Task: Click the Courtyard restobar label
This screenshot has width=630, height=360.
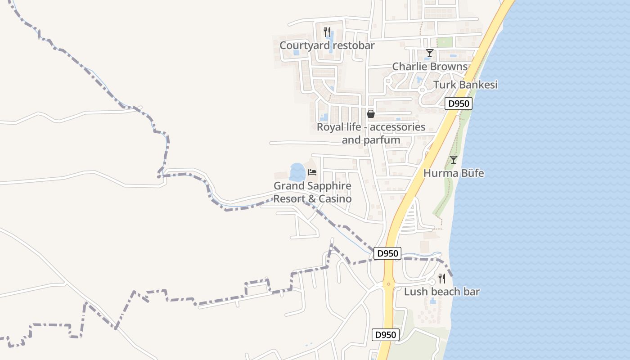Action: [327, 45]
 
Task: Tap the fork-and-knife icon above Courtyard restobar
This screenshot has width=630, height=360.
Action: [327, 32]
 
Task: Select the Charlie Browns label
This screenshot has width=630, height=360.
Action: [430, 67]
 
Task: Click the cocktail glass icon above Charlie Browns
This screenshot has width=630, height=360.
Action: [430, 53]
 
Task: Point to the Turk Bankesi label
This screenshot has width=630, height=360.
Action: [465, 85]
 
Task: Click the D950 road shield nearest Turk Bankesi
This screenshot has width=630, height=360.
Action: [459, 104]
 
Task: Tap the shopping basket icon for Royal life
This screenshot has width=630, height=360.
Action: [371, 114]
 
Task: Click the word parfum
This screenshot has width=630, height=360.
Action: [384, 140]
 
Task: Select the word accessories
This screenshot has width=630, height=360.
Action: [397, 127]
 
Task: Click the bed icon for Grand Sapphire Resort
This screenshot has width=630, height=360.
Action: [312, 172]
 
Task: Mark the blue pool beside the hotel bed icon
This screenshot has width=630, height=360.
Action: [297, 172]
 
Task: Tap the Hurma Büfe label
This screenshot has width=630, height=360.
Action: [454, 173]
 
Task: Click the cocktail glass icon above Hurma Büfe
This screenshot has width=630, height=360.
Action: [454, 160]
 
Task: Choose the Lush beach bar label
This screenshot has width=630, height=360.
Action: [441, 292]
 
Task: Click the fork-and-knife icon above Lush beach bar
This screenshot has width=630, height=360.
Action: [441, 279]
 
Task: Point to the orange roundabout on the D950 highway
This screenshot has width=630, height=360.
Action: [388, 284]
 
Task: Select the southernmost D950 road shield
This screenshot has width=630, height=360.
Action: [386, 335]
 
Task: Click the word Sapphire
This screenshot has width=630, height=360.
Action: [328, 186]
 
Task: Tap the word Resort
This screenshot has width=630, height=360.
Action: [290, 199]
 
